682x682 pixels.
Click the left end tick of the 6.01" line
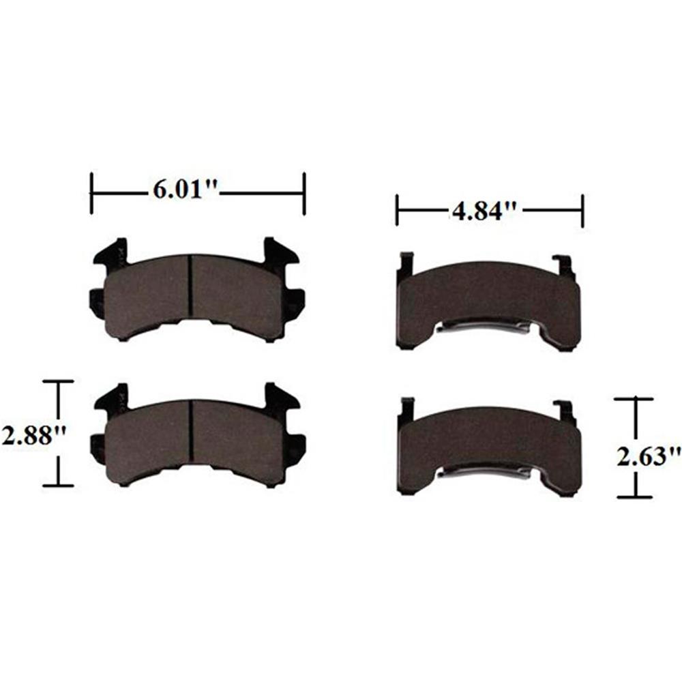pyautogui.click(x=91, y=193)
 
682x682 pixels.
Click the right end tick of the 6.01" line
pyautogui.click(x=304, y=193)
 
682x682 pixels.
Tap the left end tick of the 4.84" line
pyautogui.click(x=396, y=211)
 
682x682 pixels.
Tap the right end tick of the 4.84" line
pyautogui.click(x=582, y=211)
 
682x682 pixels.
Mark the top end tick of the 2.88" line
pyautogui.click(x=57, y=383)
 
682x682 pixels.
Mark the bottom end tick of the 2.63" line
pyautogui.click(x=636, y=496)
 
